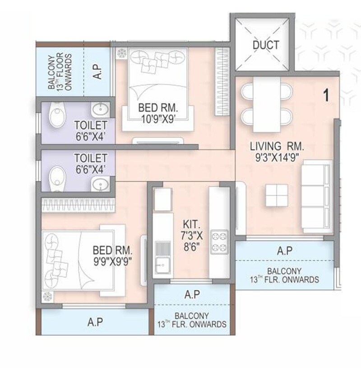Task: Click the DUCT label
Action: [x=266, y=45]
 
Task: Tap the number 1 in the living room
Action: [x=326, y=95]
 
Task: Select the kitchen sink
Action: [x=161, y=253]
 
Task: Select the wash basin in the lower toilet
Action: [x=99, y=184]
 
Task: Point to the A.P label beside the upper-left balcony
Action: [x=97, y=71]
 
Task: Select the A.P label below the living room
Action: [x=285, y=250]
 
